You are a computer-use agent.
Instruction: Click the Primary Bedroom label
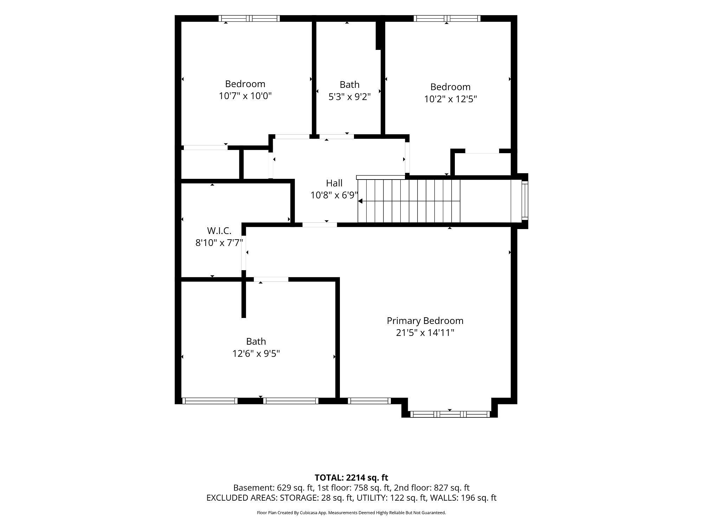click(425, 321)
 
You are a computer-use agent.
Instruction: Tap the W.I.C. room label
click(219, 231)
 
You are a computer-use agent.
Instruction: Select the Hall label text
click(334, 183)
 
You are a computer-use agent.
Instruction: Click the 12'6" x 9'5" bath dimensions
click(256, 353)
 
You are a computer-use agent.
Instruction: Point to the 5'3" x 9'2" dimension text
click(349, 97)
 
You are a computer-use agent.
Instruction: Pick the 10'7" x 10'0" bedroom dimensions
click(245, 96)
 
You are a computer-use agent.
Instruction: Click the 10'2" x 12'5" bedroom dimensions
click(450, 99)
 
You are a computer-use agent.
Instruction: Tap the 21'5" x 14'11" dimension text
click(425, 333)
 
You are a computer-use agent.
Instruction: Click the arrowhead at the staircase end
click(360, 201)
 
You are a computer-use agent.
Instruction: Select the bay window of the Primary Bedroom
click(450, 414)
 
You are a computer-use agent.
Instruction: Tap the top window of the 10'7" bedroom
click(249, 19)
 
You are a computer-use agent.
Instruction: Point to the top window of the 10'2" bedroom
click(447, 19)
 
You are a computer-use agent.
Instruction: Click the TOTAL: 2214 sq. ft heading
click(351, 478)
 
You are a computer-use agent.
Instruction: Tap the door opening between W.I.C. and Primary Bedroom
click(244, 253)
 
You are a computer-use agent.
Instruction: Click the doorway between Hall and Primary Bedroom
click(320, 225)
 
